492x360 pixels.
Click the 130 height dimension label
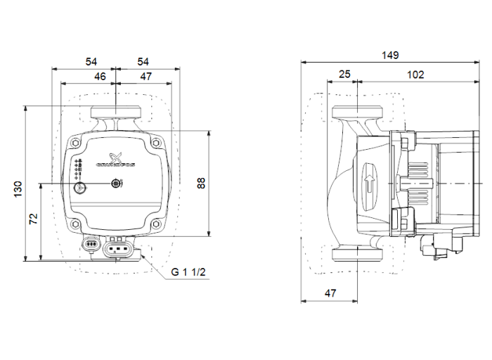pos(19,188)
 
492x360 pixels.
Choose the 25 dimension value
pos(344,73)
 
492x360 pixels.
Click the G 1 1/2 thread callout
pos(188,272)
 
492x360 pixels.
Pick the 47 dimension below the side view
pos(330,293)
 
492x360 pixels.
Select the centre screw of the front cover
pos(116,184)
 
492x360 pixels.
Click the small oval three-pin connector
pos(91,245)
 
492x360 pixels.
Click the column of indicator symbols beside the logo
pos(78,167)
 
